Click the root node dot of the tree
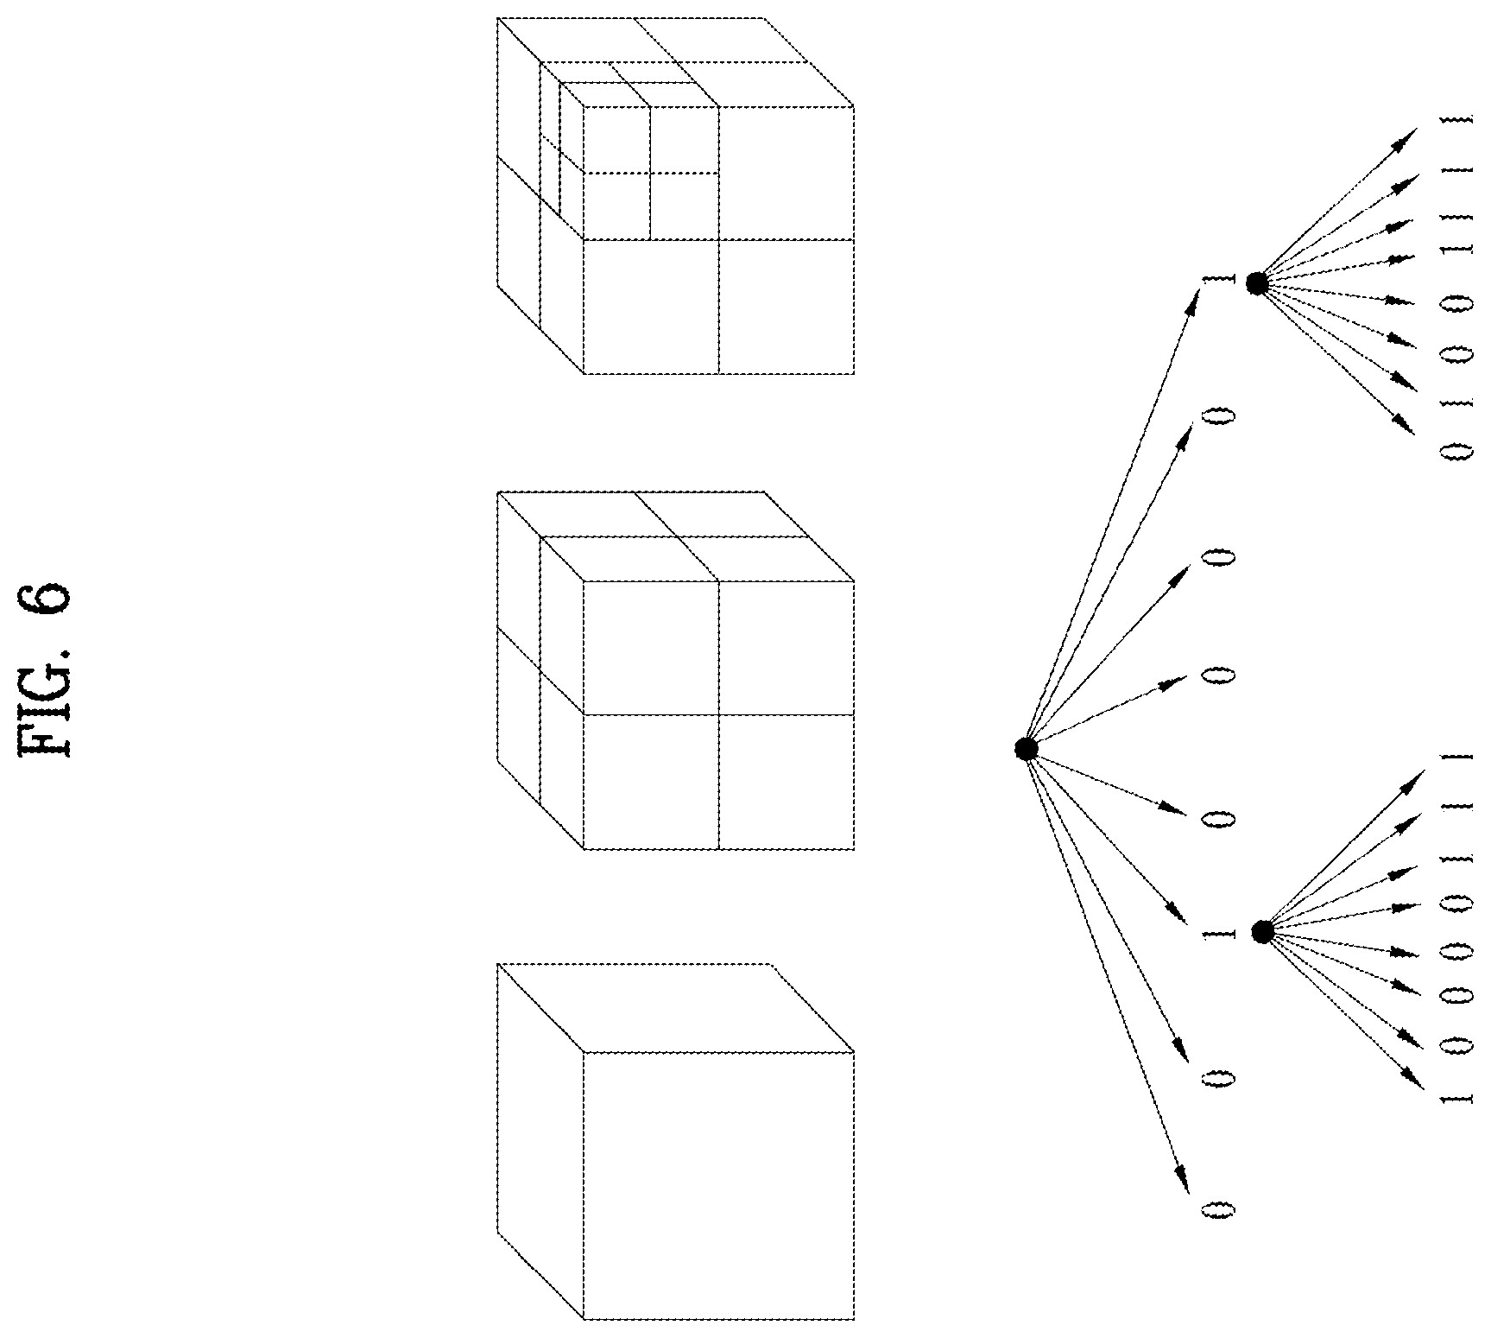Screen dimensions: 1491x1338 pos(1026,749)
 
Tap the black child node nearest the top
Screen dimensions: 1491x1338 pos(1256,282)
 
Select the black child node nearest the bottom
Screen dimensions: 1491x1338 pos(1262,931)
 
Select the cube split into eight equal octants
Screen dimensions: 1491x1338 pos(676,670)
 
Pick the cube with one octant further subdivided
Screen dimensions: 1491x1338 pos(676,195)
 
